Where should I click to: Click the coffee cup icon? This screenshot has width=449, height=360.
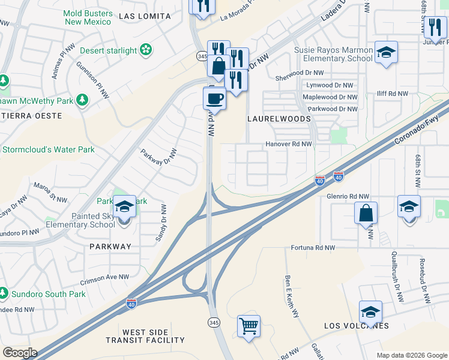214,97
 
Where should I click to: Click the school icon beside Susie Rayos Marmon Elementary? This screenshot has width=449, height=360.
386,52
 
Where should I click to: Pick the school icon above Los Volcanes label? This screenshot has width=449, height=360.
370,312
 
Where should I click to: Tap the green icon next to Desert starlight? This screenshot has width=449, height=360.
146,51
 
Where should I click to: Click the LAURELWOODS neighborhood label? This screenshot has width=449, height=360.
279,119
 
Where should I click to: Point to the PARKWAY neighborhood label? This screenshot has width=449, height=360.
110,247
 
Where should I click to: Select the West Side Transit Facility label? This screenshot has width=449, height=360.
154,336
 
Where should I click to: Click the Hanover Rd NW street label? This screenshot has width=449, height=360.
289,145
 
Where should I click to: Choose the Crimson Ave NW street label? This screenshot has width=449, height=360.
104,277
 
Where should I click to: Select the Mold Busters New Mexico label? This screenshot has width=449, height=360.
88,17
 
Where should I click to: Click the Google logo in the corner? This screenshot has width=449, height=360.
19,353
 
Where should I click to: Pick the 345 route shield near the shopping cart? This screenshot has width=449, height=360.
213,323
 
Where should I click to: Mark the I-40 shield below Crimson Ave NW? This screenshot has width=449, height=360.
131,305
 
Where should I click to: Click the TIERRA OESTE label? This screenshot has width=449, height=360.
31,115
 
